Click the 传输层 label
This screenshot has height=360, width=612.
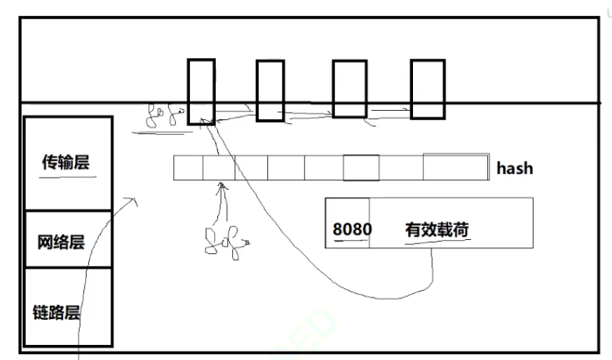click(x=65, y=163)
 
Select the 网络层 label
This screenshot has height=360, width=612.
click(x=61, y=243)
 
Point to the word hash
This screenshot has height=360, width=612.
click(x=515, y=168)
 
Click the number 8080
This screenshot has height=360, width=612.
click(x=350, y=228)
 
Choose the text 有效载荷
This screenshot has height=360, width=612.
click(x=436, y=228)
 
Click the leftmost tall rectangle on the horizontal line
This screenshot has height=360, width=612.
click(x=201, y=91)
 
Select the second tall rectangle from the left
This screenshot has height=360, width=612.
click(x=270, y=91)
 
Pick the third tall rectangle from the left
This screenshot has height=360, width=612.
click(x=350, y=89)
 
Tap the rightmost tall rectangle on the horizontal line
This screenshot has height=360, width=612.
click(x=428, y=88)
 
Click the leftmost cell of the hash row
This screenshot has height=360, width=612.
click(x=188, y=167)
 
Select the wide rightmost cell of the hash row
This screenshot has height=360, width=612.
click(x=455, y=167)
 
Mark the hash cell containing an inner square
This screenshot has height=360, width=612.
click(x=361, y=167)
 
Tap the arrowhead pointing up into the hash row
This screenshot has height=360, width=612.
click(x=221, y=188)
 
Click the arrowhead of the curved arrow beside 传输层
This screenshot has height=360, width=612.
click(x=130, y=201)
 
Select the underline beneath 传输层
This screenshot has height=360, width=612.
click(x=67, y=177)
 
